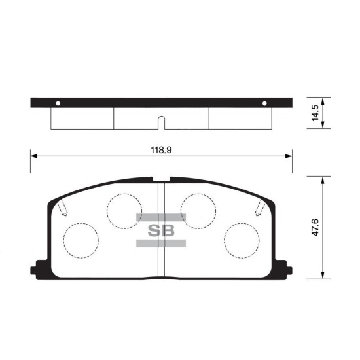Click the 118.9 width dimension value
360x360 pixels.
pos(161,150)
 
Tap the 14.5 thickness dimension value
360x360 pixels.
pos(315,113)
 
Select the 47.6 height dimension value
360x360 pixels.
pos(315,228)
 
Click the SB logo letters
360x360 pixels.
pos(161,230)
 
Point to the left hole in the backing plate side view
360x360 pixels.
pos(58,103)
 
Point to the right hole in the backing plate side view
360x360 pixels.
pos(264,103)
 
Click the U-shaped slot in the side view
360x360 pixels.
pos(162,122)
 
